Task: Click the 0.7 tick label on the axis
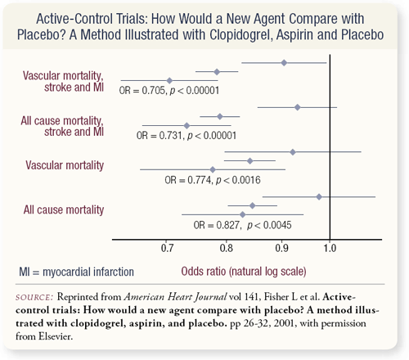click(x=167, y=248)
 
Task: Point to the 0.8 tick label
click(x=227, y=248)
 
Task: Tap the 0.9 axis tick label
click(x=281, y=248)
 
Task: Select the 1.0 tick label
click(x=330, y=248)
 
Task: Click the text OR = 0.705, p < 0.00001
click(x=169, y=91)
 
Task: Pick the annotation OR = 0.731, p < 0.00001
click(x=187, y=136)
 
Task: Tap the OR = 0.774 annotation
click(x=213, y=180)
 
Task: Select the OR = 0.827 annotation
click(x=242, y=225)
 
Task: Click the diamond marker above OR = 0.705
click(x=169, y=81)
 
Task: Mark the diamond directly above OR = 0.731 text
click(x=187, y=126)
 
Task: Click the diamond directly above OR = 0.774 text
click(x=213, y=169)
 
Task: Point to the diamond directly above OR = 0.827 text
click(x=242, y=214)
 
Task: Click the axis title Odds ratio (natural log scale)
click(x=244, y=272)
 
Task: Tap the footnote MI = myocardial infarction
click(x=76, y=272)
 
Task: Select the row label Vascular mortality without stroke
click(x=65, y=165)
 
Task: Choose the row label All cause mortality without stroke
click(x=64, y=210)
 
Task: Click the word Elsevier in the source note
click(x=56, y=336)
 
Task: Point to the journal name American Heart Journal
click(x=175, y=297)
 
